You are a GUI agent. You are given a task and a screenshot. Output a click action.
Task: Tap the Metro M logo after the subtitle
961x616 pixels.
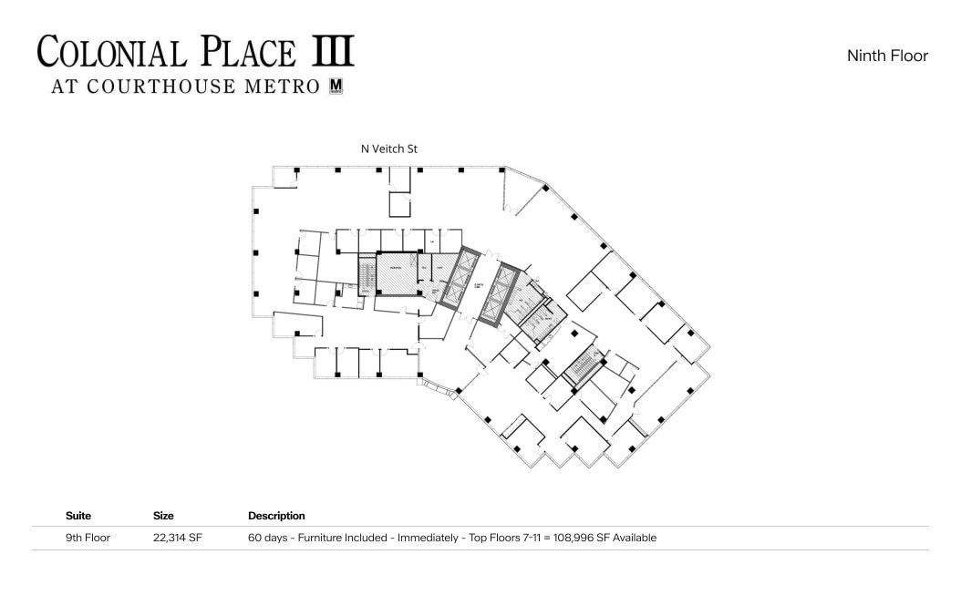point(336,87)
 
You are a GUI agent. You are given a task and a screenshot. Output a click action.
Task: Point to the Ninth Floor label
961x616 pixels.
point(886,56)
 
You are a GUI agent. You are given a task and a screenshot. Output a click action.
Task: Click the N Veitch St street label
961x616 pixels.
point(389,149)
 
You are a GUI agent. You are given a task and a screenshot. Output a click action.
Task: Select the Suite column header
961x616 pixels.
point(78,516)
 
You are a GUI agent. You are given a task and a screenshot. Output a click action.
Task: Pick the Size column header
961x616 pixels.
point(163,516)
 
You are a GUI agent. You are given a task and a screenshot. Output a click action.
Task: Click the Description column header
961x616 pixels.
point(276,516)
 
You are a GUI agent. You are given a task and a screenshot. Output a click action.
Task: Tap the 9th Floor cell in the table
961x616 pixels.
point(88,538)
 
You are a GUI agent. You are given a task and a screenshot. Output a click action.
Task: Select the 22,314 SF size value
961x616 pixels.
point(178,538)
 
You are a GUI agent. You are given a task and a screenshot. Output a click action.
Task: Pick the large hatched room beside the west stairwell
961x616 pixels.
point(397,274)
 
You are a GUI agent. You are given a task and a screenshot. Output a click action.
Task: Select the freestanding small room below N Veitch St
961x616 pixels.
point(400,203)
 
